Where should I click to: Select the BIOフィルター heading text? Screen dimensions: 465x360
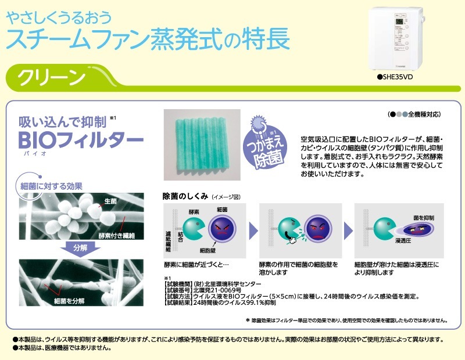(81, 139)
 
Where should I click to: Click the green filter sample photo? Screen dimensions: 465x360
(202, 145)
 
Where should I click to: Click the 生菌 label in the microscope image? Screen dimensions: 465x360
(110, 201)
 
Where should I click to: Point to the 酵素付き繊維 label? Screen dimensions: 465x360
(117, 236)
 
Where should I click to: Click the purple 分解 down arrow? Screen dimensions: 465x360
(80, 248)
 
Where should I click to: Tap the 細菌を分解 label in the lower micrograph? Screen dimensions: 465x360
(69, 301)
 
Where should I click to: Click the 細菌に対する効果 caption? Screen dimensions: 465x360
(51, 186)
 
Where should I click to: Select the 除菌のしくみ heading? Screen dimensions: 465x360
(185, 196)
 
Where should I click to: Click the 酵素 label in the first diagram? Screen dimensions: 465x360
(194, 212)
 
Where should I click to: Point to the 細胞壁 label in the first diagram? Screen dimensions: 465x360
(208, 251)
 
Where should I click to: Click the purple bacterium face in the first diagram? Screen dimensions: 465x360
(222, 229)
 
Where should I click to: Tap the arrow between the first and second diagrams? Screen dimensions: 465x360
(253, 231)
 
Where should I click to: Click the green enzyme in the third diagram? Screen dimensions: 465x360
(384, 229)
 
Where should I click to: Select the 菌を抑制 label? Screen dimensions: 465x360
(424, 218)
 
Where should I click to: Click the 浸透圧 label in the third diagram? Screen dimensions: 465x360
(403, 241)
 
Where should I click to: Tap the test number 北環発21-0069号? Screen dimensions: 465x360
(217, 290)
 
